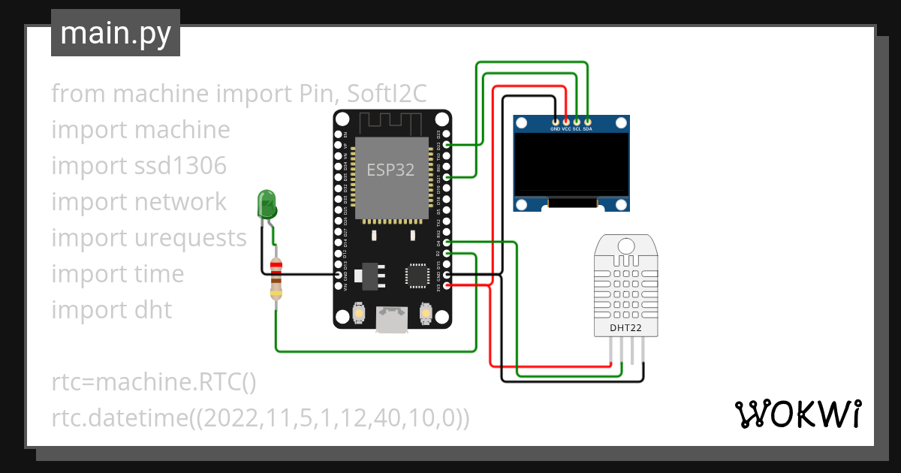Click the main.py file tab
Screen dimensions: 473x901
(x=115, y=33)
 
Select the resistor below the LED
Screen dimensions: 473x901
(x=276, y=278)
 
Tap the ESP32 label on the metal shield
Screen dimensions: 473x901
(x=390, y=170)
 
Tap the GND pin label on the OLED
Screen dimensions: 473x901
(x=555, y=128)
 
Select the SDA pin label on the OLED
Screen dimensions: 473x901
(x=588, y=128)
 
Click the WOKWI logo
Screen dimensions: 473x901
(x=797, y=414)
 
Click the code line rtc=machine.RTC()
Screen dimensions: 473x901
(x=154, y=382)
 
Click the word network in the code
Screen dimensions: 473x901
(x=179, y=202)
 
